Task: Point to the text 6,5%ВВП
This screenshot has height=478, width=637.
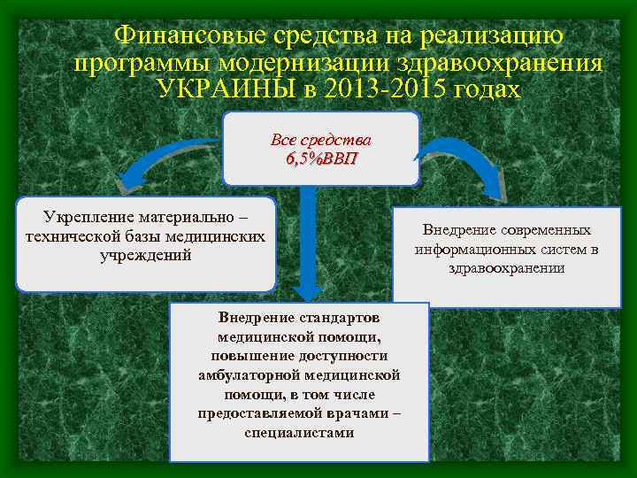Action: (321, 158)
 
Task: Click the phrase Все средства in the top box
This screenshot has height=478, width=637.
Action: (321, 141)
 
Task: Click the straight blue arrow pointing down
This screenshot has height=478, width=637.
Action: (310, 248)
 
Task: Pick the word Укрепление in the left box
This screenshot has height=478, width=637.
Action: (86, 218)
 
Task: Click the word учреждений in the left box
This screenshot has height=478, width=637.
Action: (146, 255)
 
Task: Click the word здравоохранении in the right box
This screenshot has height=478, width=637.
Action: (507, 268)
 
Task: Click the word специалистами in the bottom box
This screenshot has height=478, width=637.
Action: (299, 433)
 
